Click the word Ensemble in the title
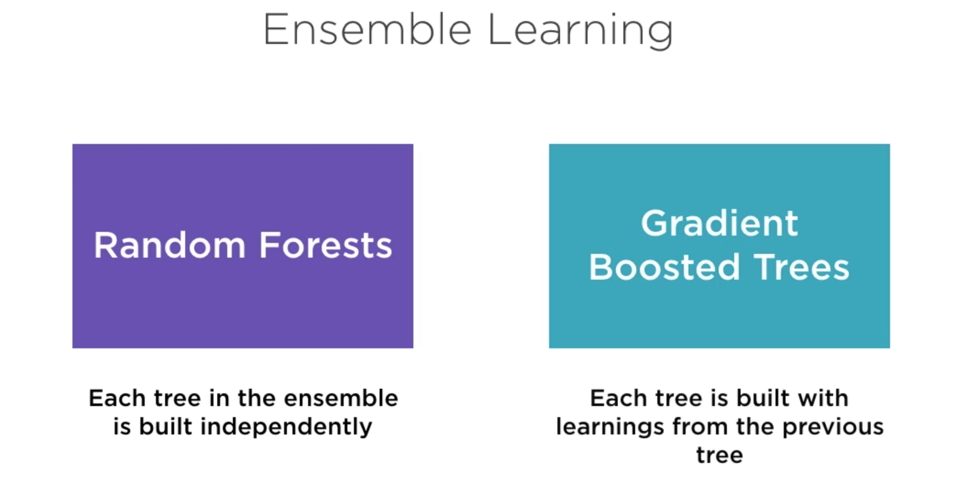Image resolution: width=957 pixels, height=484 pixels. click(367, 30)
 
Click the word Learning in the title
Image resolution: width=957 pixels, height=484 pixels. click(581, 30)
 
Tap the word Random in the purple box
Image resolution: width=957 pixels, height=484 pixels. click(170, 246)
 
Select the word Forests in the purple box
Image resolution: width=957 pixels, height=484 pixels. click(325, 246)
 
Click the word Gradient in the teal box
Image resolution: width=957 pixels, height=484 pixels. click(719, 224)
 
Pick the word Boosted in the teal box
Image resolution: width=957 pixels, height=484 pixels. click(664, 267)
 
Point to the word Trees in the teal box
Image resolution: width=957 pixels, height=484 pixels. click(802, 267)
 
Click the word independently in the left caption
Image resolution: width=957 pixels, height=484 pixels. click(286, 427)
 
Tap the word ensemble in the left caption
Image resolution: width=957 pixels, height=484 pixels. click(341, 398)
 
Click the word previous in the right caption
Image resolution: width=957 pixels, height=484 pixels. click(833, 427)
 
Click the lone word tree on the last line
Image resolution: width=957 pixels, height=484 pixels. click(719, 456)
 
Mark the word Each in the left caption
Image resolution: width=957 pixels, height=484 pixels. click(117, 398)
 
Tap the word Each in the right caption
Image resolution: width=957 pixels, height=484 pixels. click(618, 398)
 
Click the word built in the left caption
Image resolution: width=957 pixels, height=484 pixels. click(165, 427)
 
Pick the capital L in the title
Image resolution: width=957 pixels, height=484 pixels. click(499, 30)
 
